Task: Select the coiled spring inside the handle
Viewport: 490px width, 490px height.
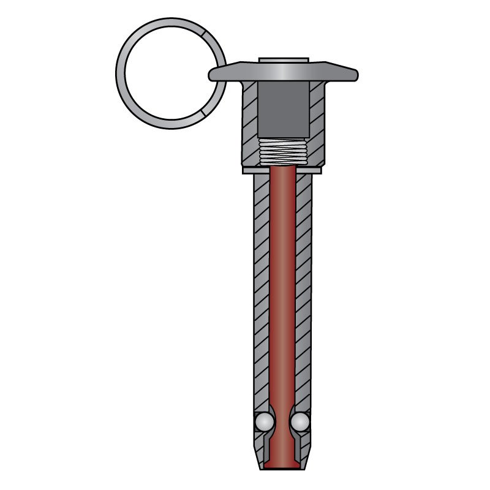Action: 282,151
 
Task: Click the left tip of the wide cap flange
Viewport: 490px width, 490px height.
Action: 211,75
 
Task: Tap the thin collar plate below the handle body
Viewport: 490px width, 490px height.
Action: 282,170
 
